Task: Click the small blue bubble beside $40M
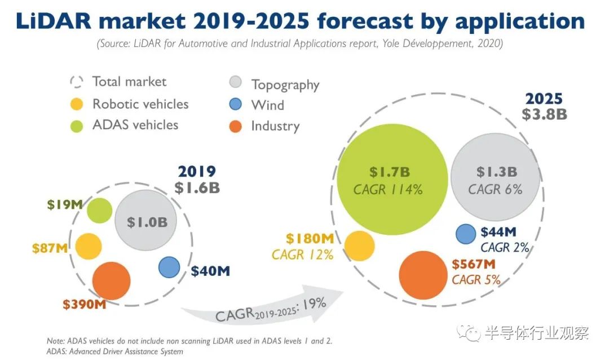pos(169,267)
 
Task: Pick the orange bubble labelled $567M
pos(430,274)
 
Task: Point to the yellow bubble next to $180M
pos(360,246)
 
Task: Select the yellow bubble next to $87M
pos(89,246)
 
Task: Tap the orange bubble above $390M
pos(111,280)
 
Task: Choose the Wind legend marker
pos(236,104)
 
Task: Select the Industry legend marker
pos(236,126)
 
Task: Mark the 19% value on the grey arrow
pos(314,305)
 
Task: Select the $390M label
pos(85,305)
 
